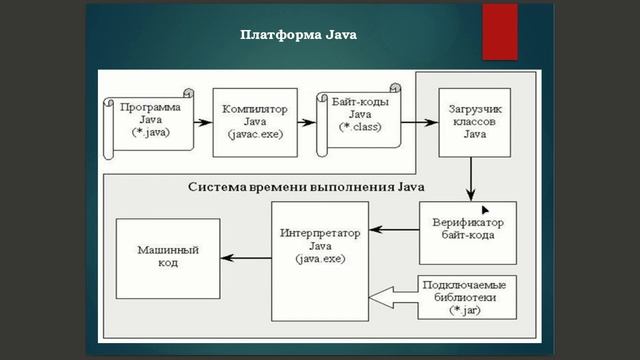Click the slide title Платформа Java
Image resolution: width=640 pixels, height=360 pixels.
[x=298, y=34]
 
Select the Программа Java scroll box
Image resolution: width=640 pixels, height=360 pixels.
[x=147, y=119]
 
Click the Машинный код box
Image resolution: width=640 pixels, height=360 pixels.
[x=166, y=256]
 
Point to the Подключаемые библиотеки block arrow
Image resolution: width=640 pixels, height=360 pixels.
[x=449, y=295]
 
